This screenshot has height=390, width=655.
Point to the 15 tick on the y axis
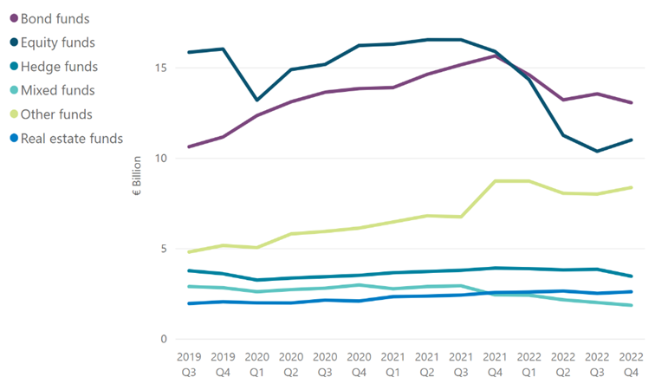[x=163, y=68]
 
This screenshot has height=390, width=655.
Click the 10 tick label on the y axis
[x=163, y=159]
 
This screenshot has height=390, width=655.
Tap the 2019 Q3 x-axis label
[x=189, y=364]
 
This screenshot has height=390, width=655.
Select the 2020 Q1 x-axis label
[x=256, y=364]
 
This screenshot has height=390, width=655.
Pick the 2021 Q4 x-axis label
[x=494, y=364]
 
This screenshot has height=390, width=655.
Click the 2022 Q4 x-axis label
[x=631, y=364]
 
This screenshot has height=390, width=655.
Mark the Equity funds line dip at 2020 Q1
[x=256, y=100]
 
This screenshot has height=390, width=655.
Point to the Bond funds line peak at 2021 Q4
[x=494, y=55]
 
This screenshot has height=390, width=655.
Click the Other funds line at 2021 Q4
[x=494, y=181]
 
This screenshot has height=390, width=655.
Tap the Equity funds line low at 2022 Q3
[x=597, y=151]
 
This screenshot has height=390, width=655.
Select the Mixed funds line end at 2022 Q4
[x=631, y=305]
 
